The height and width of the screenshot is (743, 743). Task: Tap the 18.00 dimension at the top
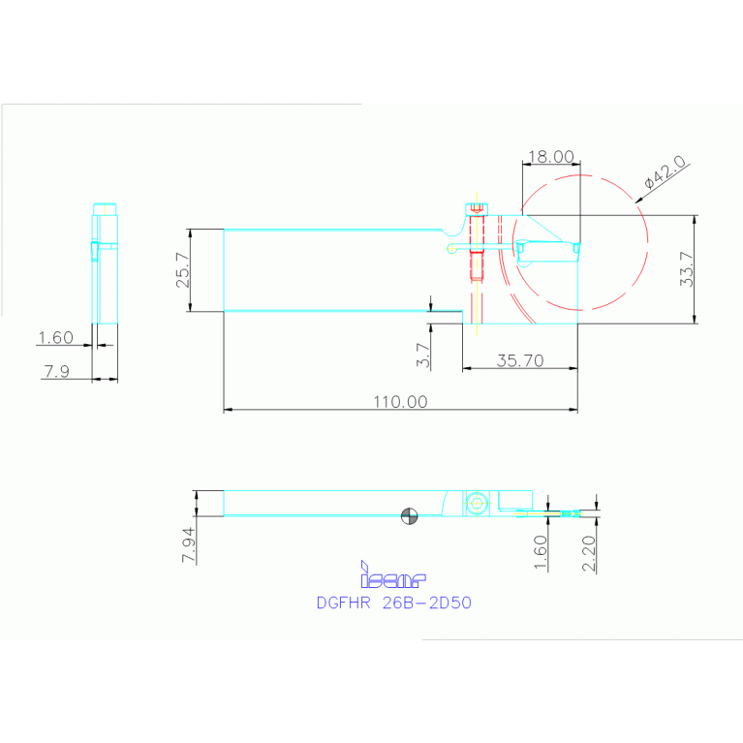coord(550,156)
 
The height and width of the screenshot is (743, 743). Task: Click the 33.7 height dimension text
coord(687,269)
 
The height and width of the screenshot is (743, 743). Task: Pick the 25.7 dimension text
coord(181,270)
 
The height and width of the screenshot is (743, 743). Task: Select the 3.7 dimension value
coord(422,356)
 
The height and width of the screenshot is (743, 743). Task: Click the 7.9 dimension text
coord(56,370)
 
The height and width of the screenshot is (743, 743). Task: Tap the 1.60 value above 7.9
coord(55,338)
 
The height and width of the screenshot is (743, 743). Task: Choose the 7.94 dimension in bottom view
coord(190,544)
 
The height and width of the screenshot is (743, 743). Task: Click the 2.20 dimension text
coord(588,555)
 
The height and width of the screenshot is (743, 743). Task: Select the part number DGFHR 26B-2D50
coord(393,602)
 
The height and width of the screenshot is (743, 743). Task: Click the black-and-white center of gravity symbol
coord(409,516)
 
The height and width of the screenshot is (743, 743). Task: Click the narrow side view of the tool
coord(105,262)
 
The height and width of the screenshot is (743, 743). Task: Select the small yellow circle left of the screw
coord(451,248)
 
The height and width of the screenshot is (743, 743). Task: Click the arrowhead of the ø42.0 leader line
coord(640,201)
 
